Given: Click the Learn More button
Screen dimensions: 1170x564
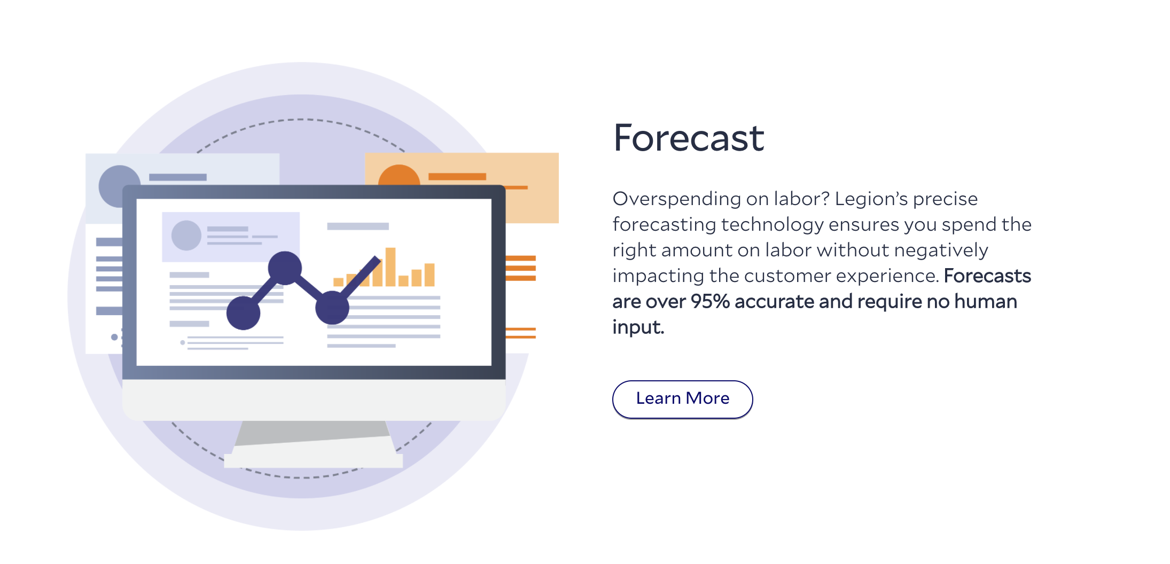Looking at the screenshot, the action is point(682,399).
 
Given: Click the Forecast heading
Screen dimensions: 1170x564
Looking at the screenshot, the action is point(689,138).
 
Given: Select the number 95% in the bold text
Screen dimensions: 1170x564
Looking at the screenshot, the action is point(710,301).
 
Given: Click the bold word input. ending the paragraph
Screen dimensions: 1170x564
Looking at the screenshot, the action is point(638,327).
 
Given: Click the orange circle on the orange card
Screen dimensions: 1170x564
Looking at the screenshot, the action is point(399,175).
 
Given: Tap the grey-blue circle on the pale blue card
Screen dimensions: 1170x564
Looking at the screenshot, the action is point(119,186).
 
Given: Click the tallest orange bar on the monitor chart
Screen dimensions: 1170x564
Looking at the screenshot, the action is point(391,267).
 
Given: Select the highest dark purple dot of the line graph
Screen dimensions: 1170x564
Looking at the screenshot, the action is point(285,268).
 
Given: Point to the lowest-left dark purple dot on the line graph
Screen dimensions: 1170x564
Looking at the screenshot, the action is point(243,313).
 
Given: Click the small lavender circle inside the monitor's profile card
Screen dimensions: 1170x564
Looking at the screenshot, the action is point(186,236).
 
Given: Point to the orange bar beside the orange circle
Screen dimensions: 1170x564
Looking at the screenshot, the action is point(457,176).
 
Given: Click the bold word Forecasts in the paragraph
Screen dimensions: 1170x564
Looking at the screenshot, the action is point(987,276).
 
